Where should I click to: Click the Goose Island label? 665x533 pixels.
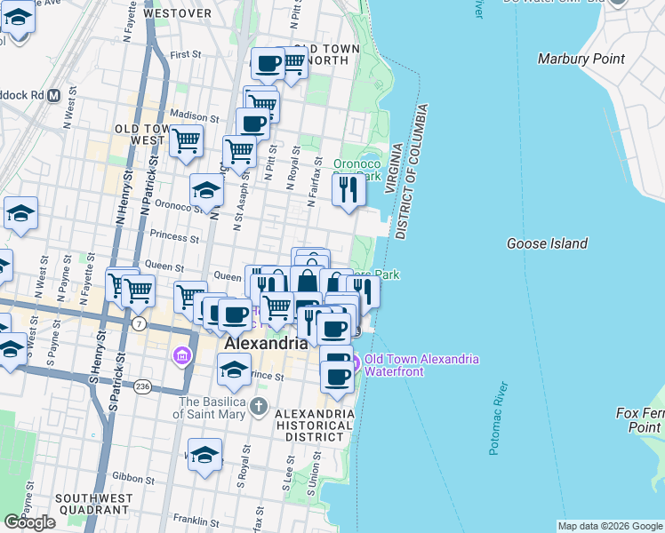click(547, 243)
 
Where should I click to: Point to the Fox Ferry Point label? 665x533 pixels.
click(639, 420)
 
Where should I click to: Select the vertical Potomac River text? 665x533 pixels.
click(498, 418)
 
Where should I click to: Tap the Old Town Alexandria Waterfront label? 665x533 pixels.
click(415, 365)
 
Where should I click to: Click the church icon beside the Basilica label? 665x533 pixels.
click(258, 408)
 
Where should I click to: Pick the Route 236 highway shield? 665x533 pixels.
click(142, 386)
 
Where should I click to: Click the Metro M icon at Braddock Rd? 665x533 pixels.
click(53, 94)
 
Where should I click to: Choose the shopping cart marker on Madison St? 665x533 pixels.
click(187, 139)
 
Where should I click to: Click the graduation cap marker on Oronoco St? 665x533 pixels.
click(206, 190)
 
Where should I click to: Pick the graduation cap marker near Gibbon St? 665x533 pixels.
click(204, 455)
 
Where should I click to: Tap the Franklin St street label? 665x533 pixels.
click(196, 521)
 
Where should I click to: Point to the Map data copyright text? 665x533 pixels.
click(610, 526)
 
